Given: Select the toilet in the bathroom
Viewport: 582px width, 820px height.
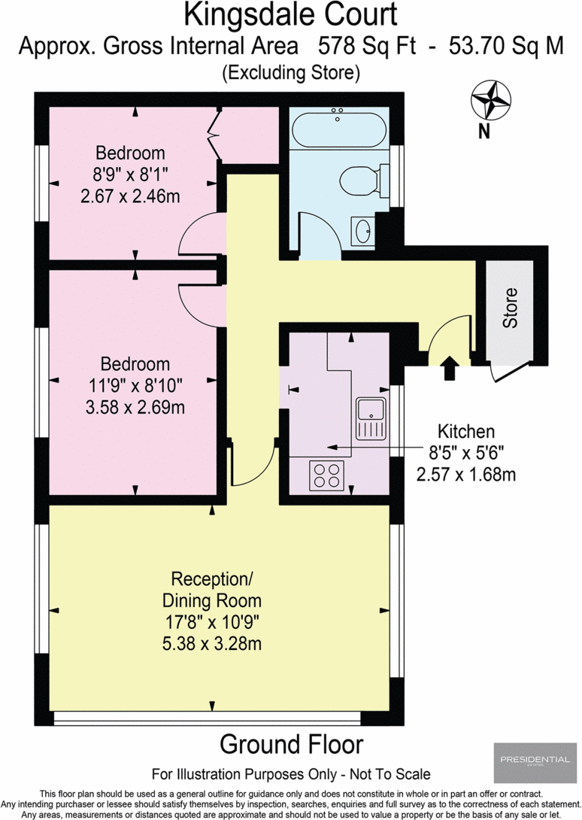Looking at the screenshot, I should pyautogui.click(x=359, y=181).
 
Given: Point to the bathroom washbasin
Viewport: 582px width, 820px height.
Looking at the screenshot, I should pyautogui.click(x=362, y=231).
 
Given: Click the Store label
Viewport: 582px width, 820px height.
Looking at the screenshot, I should pyautogui.click(x=511, y=308).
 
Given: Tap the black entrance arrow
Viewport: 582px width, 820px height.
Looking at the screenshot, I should pyautogui.click(x=449, y=368).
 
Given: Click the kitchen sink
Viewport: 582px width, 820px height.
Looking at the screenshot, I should pyautogui.click(x=371, y=418).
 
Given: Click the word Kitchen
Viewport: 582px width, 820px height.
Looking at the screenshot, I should pyautogui.click(x=466, y=432).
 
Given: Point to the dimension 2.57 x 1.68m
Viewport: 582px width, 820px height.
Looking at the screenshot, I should pyautogui.click(x=466, y=474).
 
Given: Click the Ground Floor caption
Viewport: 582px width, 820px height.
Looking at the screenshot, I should pyautogui.click(x=291, y=744).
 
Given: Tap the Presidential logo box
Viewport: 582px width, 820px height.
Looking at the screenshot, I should pyautogui.click(x=532, y=761).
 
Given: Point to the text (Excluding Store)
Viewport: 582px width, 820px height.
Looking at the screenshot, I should pyautogui.click(x=290, y=73).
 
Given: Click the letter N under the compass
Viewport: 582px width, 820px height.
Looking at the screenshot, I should pyautogui.click(x=485, y=133).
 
